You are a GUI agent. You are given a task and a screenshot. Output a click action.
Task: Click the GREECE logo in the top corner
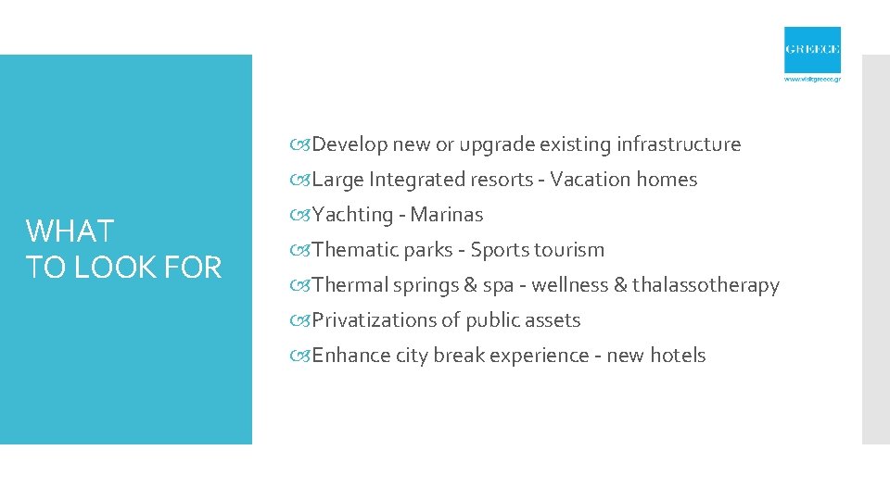[812, 50]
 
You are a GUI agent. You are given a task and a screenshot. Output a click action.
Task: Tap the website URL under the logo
[812, 80]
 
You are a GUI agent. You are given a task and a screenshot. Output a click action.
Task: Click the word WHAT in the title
[70, 231]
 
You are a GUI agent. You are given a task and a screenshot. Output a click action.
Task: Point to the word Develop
[350, 144]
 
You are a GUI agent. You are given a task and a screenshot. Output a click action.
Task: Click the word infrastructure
[680, 144]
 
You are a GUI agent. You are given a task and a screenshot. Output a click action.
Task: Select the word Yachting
[353, 215]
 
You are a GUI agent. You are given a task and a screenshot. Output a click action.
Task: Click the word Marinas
[447, 215]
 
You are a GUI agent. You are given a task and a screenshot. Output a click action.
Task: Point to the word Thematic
[355, 250]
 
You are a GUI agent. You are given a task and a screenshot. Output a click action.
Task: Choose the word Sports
[502, 250]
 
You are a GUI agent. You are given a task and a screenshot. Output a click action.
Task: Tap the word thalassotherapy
[706, 285]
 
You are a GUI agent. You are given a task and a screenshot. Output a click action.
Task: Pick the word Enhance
[350, 356]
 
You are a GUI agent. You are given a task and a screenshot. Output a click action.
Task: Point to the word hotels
[678, 356]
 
